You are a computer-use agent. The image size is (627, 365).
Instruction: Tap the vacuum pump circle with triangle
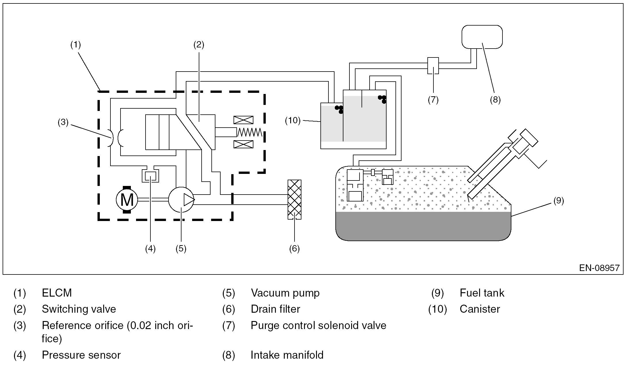[x=181, y=199]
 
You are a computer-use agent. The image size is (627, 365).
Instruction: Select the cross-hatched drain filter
[x=295, y=199]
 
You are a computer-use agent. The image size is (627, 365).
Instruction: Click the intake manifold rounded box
[x=482, y=37]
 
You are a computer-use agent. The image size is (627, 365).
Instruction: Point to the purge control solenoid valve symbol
[x=433, y=66]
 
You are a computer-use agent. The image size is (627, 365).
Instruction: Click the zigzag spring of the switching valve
[x=249, y=132]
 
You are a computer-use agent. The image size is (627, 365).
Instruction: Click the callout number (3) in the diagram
[x=63, y=122]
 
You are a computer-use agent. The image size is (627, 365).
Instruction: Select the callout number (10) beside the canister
[x=293, y=120]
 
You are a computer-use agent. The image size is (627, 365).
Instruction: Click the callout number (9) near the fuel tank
[x=559, y=201]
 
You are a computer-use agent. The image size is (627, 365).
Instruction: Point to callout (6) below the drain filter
[x=294, y=249]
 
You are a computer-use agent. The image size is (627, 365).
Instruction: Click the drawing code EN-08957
[x=599, y=268]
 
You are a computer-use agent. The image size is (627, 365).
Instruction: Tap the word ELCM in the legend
[x=57, y=293]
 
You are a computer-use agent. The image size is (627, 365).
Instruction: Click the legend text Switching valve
[x=79, y=309]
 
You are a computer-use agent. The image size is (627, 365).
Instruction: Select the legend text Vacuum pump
[x=285, y=293]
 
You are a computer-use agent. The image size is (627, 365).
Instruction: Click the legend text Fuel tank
[x=482, y=293]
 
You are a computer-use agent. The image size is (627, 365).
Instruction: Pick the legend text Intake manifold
[x=287, y=355]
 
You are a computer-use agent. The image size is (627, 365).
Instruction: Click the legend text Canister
[x=480, y=309]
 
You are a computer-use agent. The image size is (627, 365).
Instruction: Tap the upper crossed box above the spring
[x=243, y=120]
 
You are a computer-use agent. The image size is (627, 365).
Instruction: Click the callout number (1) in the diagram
[x=76, y=45]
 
